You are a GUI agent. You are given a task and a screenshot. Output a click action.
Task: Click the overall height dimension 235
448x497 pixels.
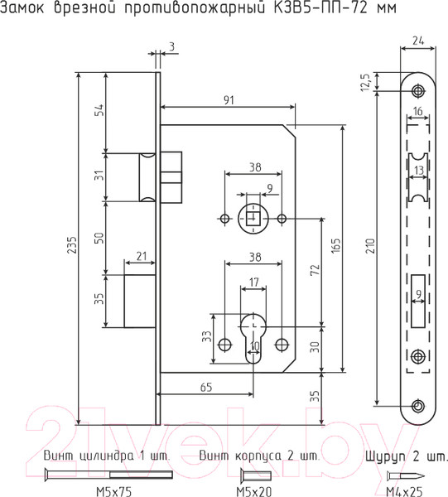point(73,244)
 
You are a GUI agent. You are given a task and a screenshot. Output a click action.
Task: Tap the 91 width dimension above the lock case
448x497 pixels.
point(229,100)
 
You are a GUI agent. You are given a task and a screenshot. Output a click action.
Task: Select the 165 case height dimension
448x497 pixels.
point(336,245)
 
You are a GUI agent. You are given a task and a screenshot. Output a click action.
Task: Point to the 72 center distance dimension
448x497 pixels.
point(316,270)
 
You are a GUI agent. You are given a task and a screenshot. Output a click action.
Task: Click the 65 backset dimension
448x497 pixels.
point(206,387)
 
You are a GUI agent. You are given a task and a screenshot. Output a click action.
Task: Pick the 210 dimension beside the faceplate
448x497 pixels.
point(370,246)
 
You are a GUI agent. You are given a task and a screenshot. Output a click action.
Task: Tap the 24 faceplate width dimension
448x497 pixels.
point(418,41)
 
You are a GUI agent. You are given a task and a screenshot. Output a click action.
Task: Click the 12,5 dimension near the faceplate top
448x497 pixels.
point(365,82)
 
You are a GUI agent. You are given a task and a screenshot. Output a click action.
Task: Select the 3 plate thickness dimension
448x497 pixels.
point(171,47)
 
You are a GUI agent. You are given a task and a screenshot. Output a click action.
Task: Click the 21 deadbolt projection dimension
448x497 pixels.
point(141,256)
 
